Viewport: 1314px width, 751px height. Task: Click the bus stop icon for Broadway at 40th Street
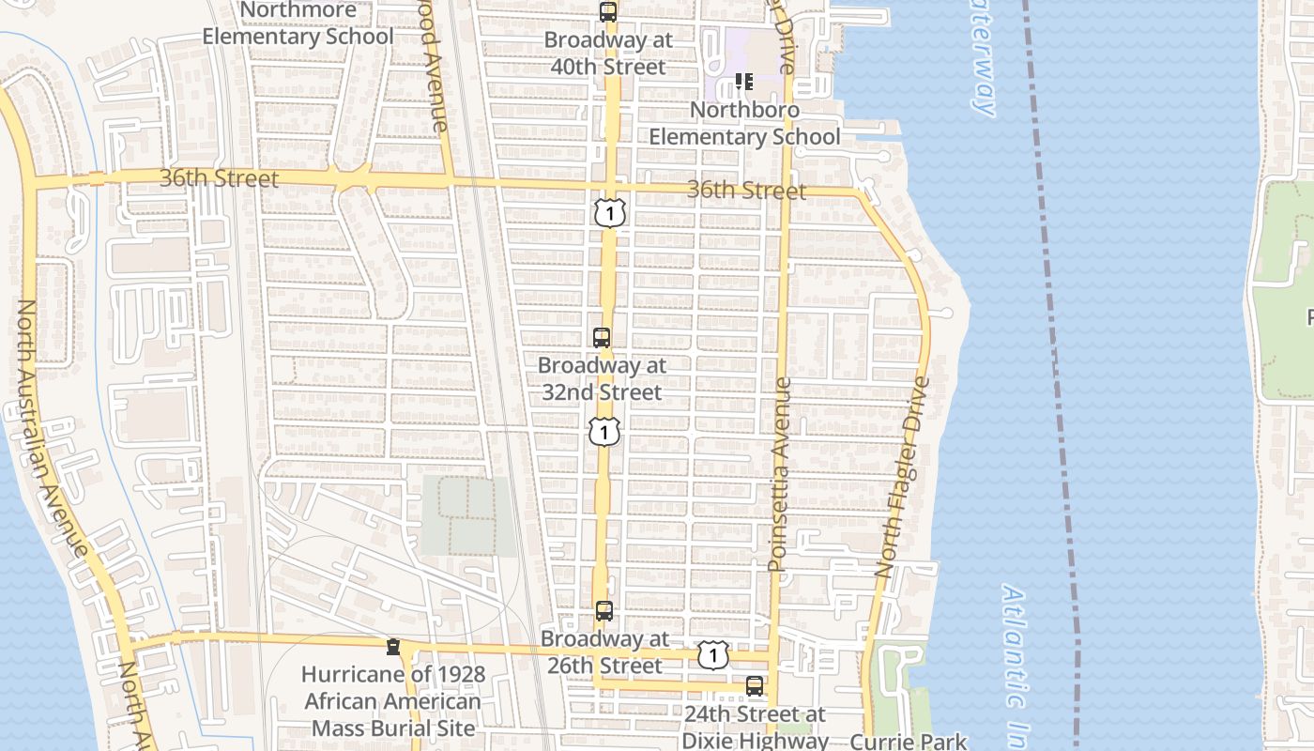[x=608, y=12]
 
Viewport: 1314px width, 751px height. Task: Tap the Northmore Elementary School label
[x=298, y=24]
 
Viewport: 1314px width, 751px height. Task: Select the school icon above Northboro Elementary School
[x=744, y=82]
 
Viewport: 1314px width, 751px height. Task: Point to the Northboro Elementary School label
[x=745, y=123]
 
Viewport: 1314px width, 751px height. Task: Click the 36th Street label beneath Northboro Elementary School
[x=746, y=191]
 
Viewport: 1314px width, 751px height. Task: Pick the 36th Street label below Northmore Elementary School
[x=219, y=178]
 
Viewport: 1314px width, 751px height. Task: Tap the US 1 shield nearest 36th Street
[x=609, y=212]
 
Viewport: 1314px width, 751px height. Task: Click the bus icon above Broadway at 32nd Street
[x=602, y=338]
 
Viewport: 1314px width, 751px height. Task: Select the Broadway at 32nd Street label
[x=602, y=378]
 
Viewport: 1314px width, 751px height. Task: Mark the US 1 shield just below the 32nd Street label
[x=604, y=432]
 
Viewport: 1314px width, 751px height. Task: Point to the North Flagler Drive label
[x=902, y=477]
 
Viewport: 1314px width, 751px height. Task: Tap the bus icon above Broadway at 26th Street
[x=604, y=611]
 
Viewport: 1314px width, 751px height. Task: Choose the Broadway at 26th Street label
[x=604, y=652]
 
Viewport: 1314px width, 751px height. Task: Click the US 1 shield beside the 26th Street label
[x=713, y=655]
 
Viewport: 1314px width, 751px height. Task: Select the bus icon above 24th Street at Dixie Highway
[x=755, y=686]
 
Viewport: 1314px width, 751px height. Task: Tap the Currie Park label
[x=908, y=741]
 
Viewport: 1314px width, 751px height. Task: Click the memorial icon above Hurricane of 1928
[x=393, y=648]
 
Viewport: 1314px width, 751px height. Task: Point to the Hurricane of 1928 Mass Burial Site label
[x=393, y=701]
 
